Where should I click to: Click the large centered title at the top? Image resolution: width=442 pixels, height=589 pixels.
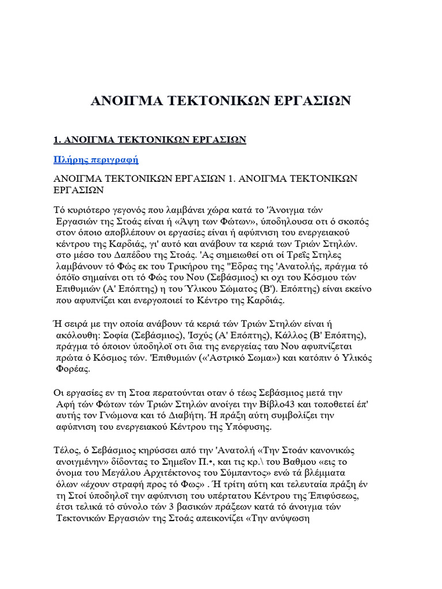point(220,101)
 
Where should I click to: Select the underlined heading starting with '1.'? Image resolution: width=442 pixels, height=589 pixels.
point(150,140)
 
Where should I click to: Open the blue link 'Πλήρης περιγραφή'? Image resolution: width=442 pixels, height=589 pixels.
point(96,159)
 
